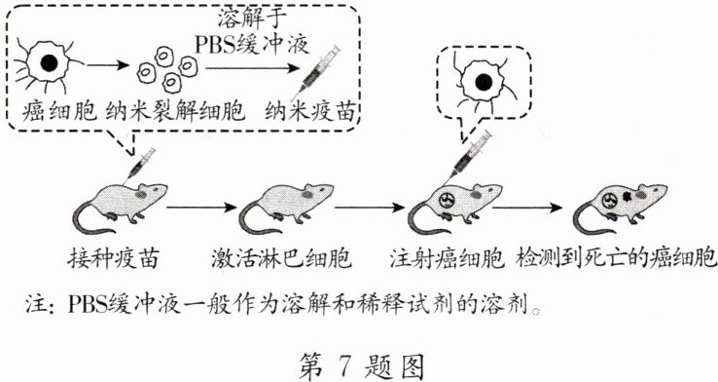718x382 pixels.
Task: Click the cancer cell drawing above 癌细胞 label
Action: (45, 64)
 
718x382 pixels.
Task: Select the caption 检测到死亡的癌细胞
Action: (616, 261)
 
